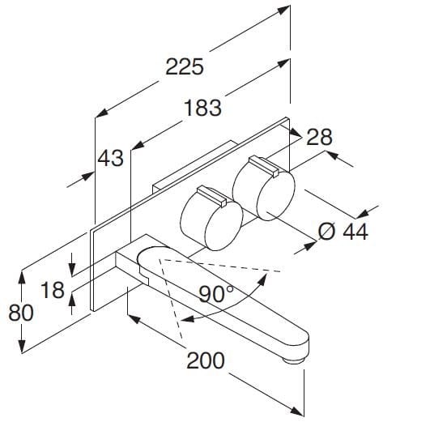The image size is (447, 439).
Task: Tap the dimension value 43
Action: point(110,157)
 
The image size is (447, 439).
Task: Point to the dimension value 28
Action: point(319,137)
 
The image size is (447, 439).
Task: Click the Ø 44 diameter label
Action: point(343,232)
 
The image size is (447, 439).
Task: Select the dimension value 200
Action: point(206,360)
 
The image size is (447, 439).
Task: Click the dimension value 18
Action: point(52,289)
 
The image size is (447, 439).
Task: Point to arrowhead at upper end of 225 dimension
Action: point(287,11)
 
